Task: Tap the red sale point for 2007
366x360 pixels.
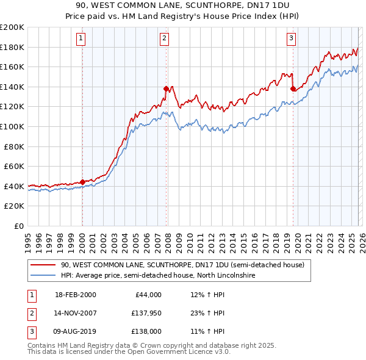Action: tap(166, 88)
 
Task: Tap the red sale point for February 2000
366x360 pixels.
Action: tap(82, 182)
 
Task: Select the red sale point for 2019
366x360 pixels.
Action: tap(293, 88)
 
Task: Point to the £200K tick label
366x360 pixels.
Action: tap(12, 27)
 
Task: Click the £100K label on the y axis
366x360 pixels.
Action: tap(12, 126)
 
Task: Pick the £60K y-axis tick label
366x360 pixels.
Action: tap(14, 166)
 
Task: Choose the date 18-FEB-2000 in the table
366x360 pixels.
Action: tap(75, 295)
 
